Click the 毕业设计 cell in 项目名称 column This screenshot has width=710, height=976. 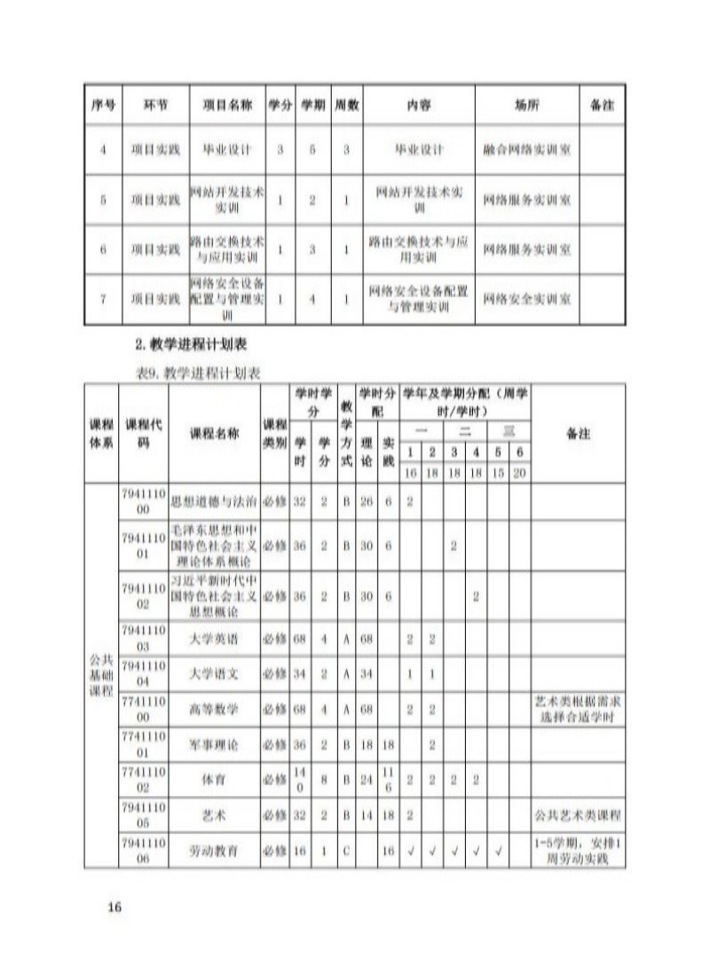227,150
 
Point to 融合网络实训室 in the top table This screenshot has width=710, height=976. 526,150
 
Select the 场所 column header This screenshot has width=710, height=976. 526,105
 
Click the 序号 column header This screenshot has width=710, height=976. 103,105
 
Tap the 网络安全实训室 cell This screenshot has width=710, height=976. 526,299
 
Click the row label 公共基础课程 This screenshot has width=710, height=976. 102,675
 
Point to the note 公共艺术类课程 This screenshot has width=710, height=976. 578,815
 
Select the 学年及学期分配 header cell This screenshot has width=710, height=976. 466,400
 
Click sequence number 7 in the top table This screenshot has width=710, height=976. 103,299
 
